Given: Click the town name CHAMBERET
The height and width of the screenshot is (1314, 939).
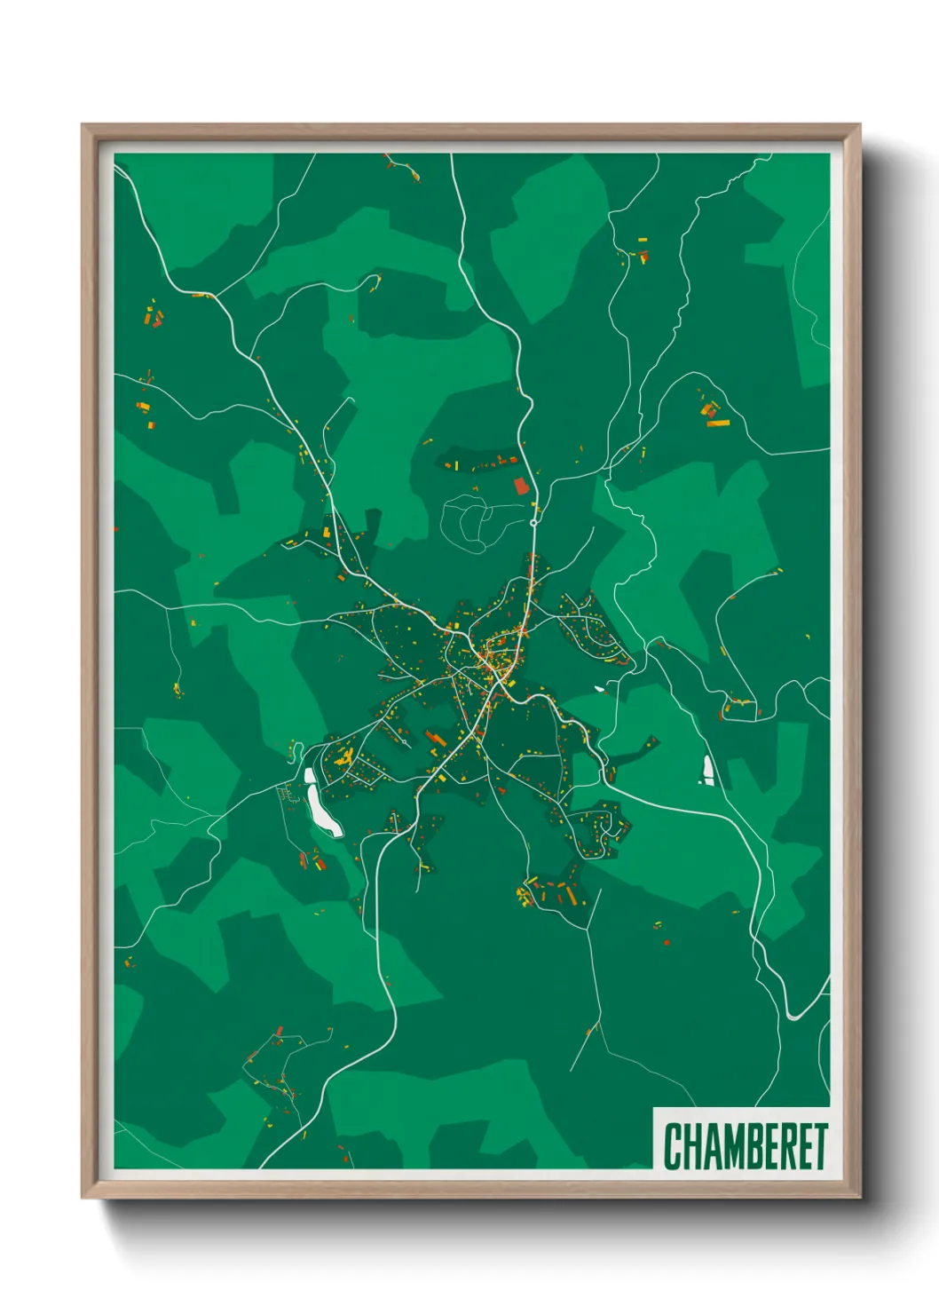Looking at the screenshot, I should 745,1146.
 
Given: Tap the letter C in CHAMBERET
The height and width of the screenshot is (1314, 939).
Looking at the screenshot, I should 672,1146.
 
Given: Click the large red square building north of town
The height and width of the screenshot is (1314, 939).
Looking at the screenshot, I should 521,486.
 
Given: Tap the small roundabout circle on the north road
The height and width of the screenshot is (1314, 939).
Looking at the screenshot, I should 533,523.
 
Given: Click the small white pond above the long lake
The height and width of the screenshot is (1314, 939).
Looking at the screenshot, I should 309,775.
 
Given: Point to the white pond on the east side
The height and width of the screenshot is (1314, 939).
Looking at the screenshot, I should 707,769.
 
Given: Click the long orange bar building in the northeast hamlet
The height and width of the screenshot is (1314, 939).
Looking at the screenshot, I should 717,423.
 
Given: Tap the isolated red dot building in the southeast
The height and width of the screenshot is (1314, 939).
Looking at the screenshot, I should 667,942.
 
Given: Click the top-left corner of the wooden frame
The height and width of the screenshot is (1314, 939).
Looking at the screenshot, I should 83,126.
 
